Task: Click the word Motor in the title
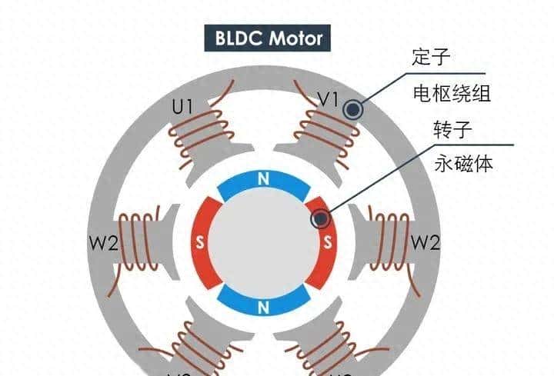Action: click(295, 38)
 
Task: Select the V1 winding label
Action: click(329, 98)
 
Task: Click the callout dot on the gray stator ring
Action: click(354, 109)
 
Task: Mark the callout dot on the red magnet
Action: click(321, 220)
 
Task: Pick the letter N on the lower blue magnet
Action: click(264, 308)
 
